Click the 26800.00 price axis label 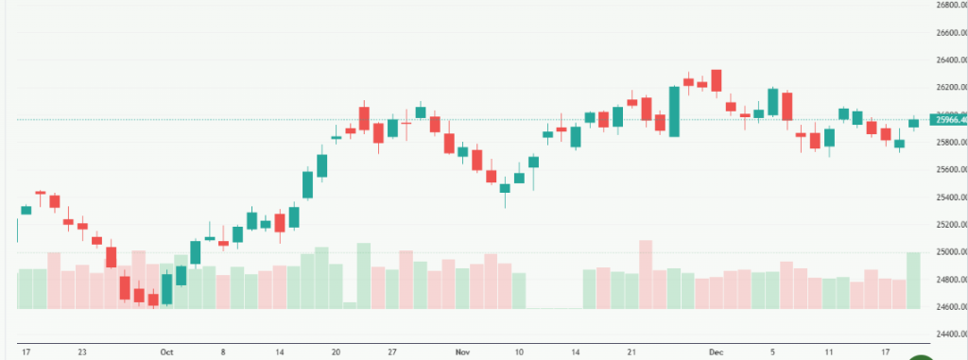pyautogui.click(x=948, y=5)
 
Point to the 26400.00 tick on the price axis pyautogui.click(x=948, y=60)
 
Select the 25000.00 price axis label pyautogui.click(x=948, y=252)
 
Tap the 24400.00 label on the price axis pyautogui.click(x=948, y=334)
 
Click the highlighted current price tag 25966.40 pyautogui.click(x=948, y=120)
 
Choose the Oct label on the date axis pyautogui.click(x=167, y=351)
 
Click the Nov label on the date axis pyautogui.click(x=462, y=351)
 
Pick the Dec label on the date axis pyautogui.click(x=716, y=351)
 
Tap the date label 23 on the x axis pyautogui.click(x=82, y=351)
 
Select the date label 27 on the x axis pyautogui.click(x=391, y=351)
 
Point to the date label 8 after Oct pyautogui.click(x=223, y=351)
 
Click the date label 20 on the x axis pyautogui.click(x=336, y=351)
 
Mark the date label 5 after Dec pyautogui.click(x=772, y=351)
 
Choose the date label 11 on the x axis pyautogui.click(x=829, y=351)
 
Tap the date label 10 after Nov pyautogui.click(x=519, y=351)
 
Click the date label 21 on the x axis pyautogui.click(x=631, y=351)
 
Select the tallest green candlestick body pyautogui.click(x=674, y=111)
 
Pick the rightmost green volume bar pyautogui.click(x=913, y=280)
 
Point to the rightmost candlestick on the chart pyautogui.click(x=913, y=123)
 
